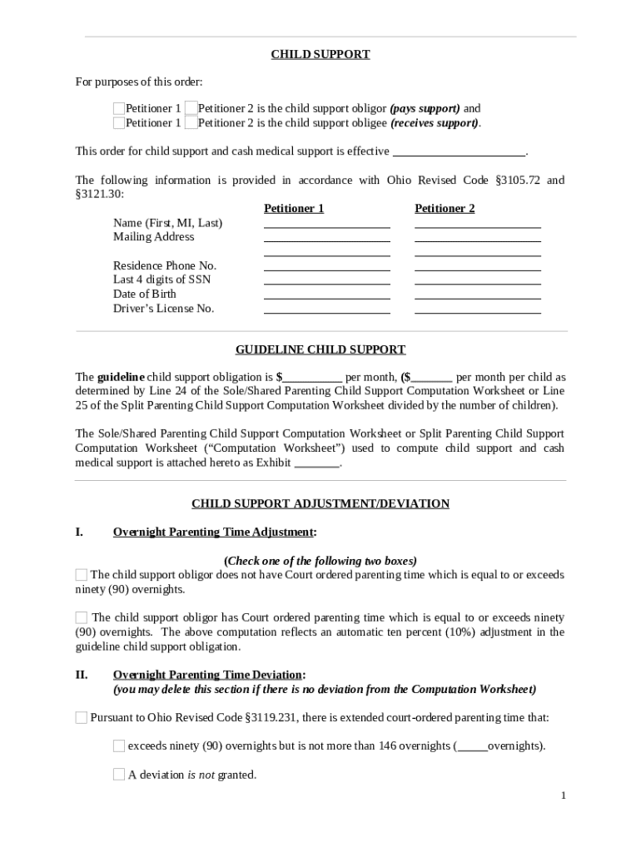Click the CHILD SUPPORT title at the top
[x=320, y=55]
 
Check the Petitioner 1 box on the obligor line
[x=119, y=109]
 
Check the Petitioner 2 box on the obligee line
[x=191, y=123]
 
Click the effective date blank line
[x=459, y=151]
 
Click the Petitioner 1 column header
[x=294, y=209]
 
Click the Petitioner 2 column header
[x=445, y=209]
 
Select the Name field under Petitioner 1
[x=326, y=222]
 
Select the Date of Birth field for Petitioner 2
[x=477, y=294]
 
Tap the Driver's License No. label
[x=163, y=309]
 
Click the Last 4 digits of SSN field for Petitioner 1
[x=326, y=280]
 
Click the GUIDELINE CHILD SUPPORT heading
[x=320, y=350]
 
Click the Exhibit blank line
[x=317, y=463]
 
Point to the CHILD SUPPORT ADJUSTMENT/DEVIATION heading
[x=320, y=504]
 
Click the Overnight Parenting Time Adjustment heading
[x=214, y=532]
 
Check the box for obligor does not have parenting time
[x=82, y=575]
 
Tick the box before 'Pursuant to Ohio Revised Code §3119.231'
[x=82, y=717]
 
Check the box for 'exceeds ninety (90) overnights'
[x=119, y=745]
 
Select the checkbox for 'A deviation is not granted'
[x=119, y=775]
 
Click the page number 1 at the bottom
[x=564, y=796]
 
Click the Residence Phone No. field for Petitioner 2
[x=477, y=265]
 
